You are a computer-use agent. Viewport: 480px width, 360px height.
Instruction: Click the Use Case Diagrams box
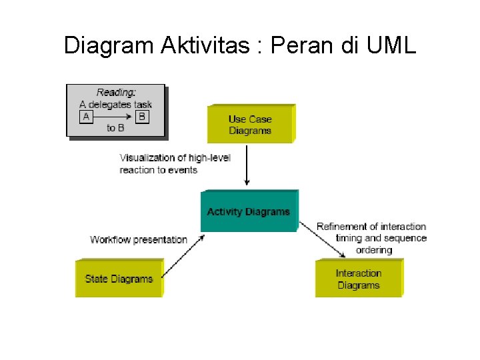pos(250,124)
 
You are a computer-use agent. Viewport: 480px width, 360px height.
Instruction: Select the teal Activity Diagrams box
pos(249,211)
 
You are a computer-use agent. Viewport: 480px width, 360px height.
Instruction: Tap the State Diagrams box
pos(119,279)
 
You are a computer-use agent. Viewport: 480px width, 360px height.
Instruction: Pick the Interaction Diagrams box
pos(358,279)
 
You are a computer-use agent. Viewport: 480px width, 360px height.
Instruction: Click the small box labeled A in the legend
pos(85,117)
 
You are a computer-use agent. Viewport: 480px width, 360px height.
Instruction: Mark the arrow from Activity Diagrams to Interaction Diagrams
pos(323,240)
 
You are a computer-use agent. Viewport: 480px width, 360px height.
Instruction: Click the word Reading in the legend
pos(116,93)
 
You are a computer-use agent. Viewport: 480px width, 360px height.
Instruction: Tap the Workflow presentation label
pos(139,239)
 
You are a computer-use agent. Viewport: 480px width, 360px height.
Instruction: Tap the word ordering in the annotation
pos(373,250)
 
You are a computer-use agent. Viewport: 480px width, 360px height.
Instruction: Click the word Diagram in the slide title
pos(109,45)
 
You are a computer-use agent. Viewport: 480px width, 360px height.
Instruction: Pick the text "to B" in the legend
pos(115,128)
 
